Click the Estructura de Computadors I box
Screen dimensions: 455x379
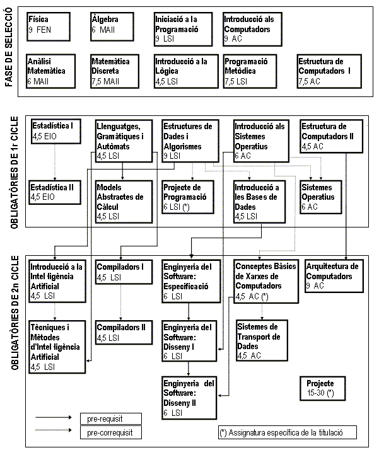329,70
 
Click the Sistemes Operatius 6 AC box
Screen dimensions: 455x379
322,195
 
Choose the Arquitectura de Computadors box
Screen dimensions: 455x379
333,275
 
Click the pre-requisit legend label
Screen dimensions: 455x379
111,418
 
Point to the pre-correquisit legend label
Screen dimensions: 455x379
111,432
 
